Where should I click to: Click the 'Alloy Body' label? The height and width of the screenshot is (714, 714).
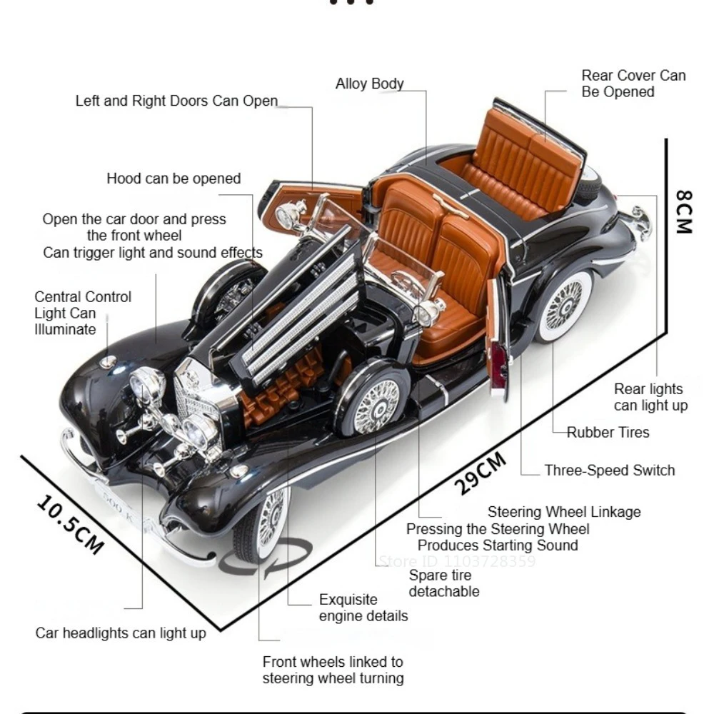(x=369, y=84)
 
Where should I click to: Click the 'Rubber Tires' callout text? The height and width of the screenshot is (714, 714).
(x=608, y=432)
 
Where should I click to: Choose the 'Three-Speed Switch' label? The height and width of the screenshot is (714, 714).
(x=609, y=470)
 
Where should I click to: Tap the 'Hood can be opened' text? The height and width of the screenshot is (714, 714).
(x=174, y=178)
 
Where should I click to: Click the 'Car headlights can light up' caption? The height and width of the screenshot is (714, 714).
(x=121, y=633)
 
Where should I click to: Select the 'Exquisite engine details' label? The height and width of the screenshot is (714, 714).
(x=363, y=608)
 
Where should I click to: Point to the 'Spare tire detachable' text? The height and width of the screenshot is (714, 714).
(x=443, y=583)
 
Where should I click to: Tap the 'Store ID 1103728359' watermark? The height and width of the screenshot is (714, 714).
(x=456, y=562)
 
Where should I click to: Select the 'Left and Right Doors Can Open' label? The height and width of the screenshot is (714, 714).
(x=176, y=101)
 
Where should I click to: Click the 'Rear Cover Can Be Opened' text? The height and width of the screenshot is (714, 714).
(x=633, y=84)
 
